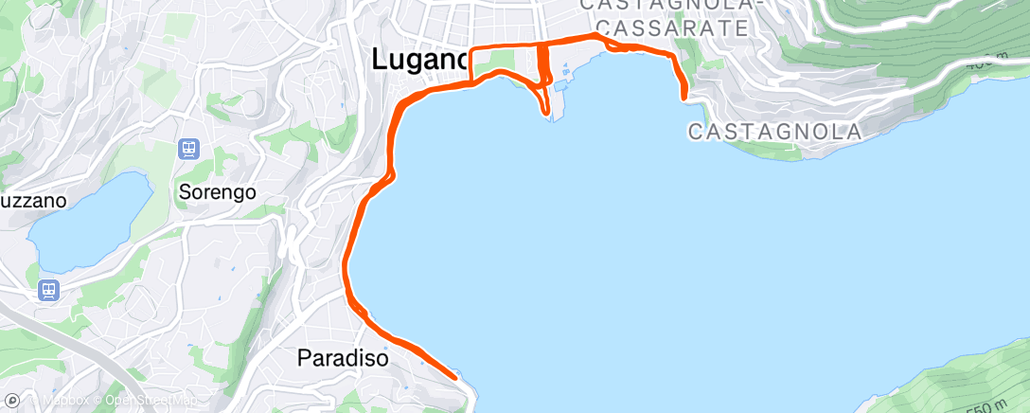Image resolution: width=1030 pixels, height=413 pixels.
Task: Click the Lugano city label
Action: pos(419,60)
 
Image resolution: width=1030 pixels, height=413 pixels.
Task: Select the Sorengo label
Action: pos(218,192)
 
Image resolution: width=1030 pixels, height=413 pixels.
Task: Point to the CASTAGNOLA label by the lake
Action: pos(774,132)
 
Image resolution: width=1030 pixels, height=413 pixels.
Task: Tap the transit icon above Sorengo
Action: pos(189,149)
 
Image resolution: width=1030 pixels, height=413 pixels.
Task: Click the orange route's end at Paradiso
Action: pos(456,377)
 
